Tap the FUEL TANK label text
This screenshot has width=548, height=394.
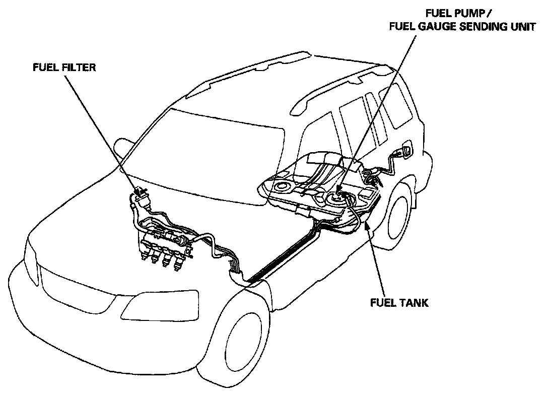pos(399,303)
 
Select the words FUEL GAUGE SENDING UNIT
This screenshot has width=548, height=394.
pos(462,27)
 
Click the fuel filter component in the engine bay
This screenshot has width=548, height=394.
pos(141,197)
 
